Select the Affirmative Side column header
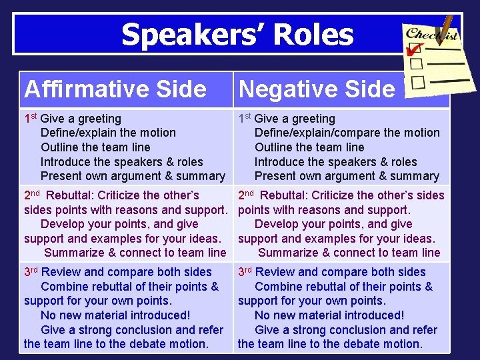tap(115, 89)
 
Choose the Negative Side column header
tap(317, 89)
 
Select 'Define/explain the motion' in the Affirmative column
tap(108, 133)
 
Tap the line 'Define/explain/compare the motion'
tap(347, 133)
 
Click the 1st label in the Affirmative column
tap(30, 119)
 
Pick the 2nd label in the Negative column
tap(246, 195)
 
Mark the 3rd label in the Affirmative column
tap(31, 272)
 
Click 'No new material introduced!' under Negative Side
tap(329, 315)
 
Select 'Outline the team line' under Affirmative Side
tap(95, 147)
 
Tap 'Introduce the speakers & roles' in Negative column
tap(335, 162)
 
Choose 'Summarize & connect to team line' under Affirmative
tap(135, 253)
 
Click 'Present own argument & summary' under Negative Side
tap(347, 176)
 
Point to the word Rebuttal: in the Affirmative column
tap(71, 195)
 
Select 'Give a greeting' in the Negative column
tap(295, 119)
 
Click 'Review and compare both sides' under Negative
tap(340, 272)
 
